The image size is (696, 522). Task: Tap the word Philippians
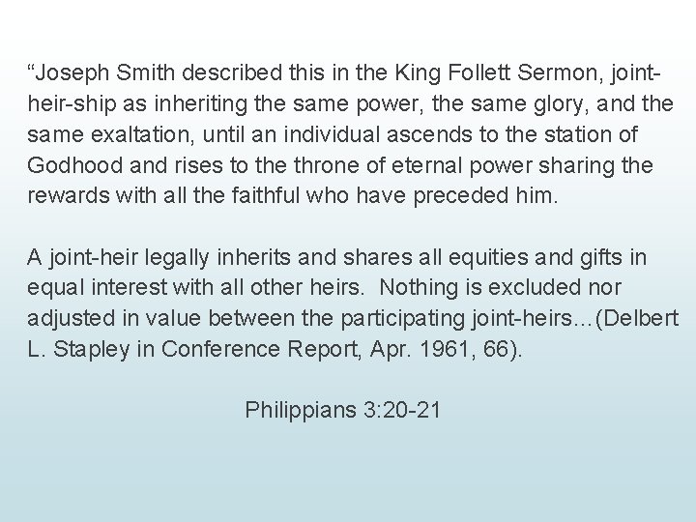pos(299,410)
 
